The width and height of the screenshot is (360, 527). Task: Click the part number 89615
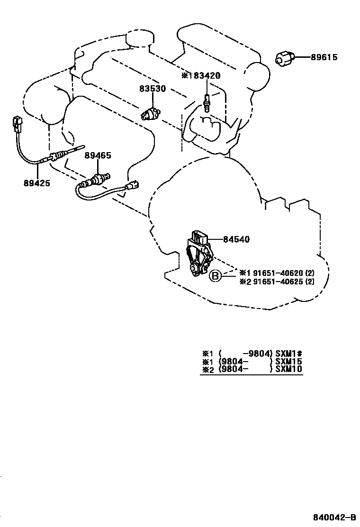click(x=324, y=57)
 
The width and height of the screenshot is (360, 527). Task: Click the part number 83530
click(x=152, y=89)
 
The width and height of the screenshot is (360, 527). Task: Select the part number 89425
click(x=36, y=182)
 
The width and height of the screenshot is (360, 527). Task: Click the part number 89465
click(x=98, y=155)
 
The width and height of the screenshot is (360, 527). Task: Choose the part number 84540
click(x=236, y=240)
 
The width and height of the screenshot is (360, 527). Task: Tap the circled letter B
click(x=216, y=276)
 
